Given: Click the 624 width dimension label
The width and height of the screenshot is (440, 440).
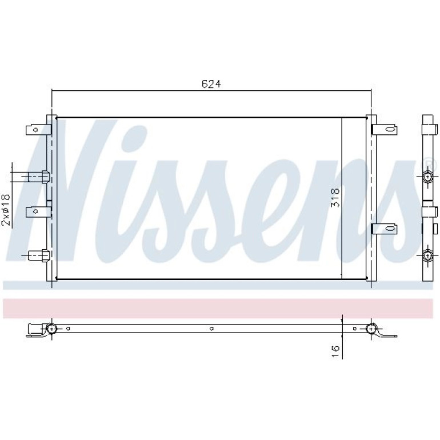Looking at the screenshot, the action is click(211, 83).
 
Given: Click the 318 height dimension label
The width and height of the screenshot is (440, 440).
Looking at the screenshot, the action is click(335, 198).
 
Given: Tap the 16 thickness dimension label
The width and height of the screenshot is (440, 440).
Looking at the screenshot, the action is click(335, 351).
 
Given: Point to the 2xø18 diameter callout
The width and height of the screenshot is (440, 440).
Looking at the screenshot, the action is click(6, 210).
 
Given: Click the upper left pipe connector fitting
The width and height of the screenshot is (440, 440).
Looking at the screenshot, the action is click(39, 177).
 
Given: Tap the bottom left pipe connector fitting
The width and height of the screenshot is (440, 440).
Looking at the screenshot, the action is click(39, 255).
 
